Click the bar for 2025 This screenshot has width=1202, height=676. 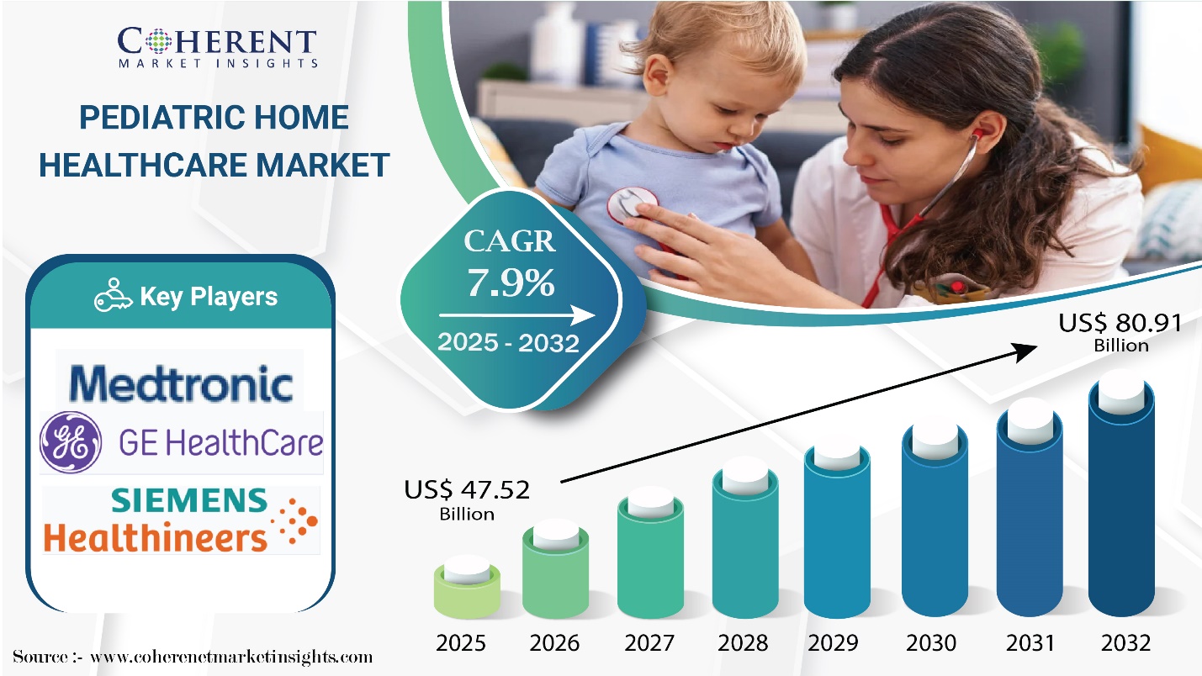point(467,588)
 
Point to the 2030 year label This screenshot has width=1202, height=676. point(931,642)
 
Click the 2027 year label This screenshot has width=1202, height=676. point(649,642)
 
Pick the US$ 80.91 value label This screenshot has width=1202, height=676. point(1120,332)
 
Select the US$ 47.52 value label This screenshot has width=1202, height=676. point(467,499)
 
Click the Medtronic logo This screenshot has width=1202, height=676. point(181,383)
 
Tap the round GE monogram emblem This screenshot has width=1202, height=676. point(71,442)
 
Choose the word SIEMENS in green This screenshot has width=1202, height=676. point(189,500)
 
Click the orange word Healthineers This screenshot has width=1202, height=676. point(155,537)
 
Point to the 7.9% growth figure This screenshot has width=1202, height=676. point(511,283)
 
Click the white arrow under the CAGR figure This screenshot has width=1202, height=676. point(516,315)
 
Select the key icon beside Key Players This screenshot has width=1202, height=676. point(114,294)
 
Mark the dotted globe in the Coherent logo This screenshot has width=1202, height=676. point(158,41)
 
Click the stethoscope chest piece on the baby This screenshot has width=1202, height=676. point(632,205)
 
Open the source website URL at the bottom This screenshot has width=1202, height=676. point(231,657)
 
